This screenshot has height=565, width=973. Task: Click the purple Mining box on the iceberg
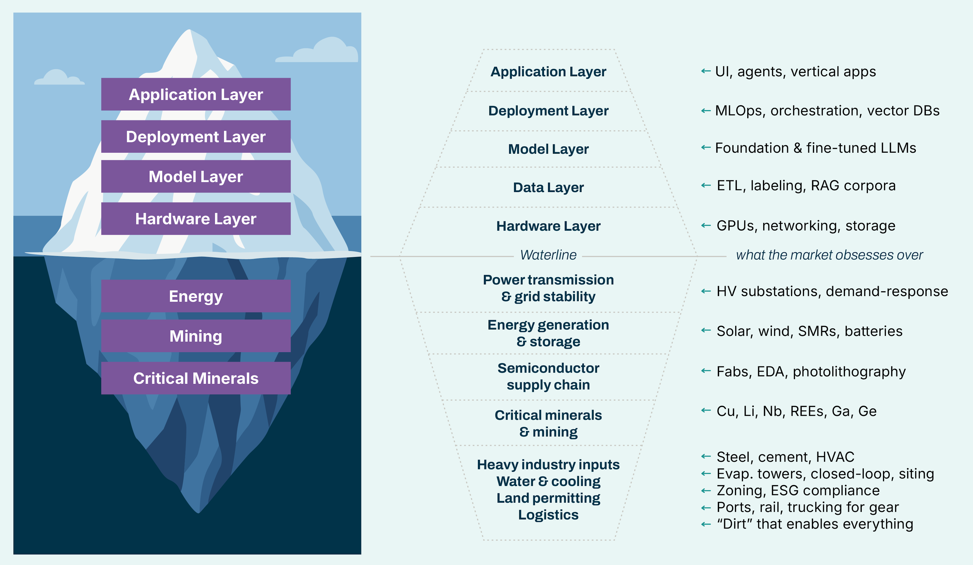click(196, 336)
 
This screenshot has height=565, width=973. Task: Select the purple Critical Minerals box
click(196, 378)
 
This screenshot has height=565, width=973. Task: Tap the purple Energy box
click(196, 296)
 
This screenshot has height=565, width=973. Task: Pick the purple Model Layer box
click(196, 176)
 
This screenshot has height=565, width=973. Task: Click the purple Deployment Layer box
click(196, 137)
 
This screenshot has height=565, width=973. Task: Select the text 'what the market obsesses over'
click(829, 255)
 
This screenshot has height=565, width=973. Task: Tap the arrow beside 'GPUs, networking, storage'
click(706, 225)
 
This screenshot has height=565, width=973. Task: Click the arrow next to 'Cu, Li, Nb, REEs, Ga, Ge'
click(706, 410)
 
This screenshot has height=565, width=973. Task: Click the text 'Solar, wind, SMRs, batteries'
click(809, 331)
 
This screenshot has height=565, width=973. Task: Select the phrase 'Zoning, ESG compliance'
click(798, 491)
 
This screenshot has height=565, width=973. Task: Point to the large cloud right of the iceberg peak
click(321, 52)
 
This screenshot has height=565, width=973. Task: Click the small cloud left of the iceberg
click(58, 78)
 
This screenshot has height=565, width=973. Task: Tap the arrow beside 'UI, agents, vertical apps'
click(706, 71)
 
